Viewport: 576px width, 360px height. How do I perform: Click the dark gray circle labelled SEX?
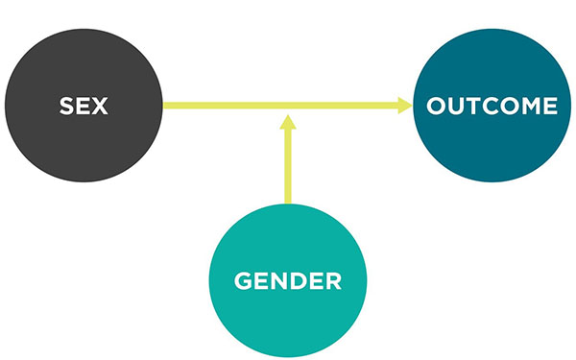[x=84, y=106]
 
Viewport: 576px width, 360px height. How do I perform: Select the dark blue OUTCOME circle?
[x=492, y=106]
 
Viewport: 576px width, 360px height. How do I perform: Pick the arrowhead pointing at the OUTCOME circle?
[x=404, y=106]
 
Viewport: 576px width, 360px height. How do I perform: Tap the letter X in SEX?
[x=100, y=106]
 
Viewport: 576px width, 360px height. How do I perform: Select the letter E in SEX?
[x=83, y=106]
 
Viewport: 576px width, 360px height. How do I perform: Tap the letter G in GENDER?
[x=243, y=282]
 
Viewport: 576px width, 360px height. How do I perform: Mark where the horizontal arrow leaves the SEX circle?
[x=165, y=106]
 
